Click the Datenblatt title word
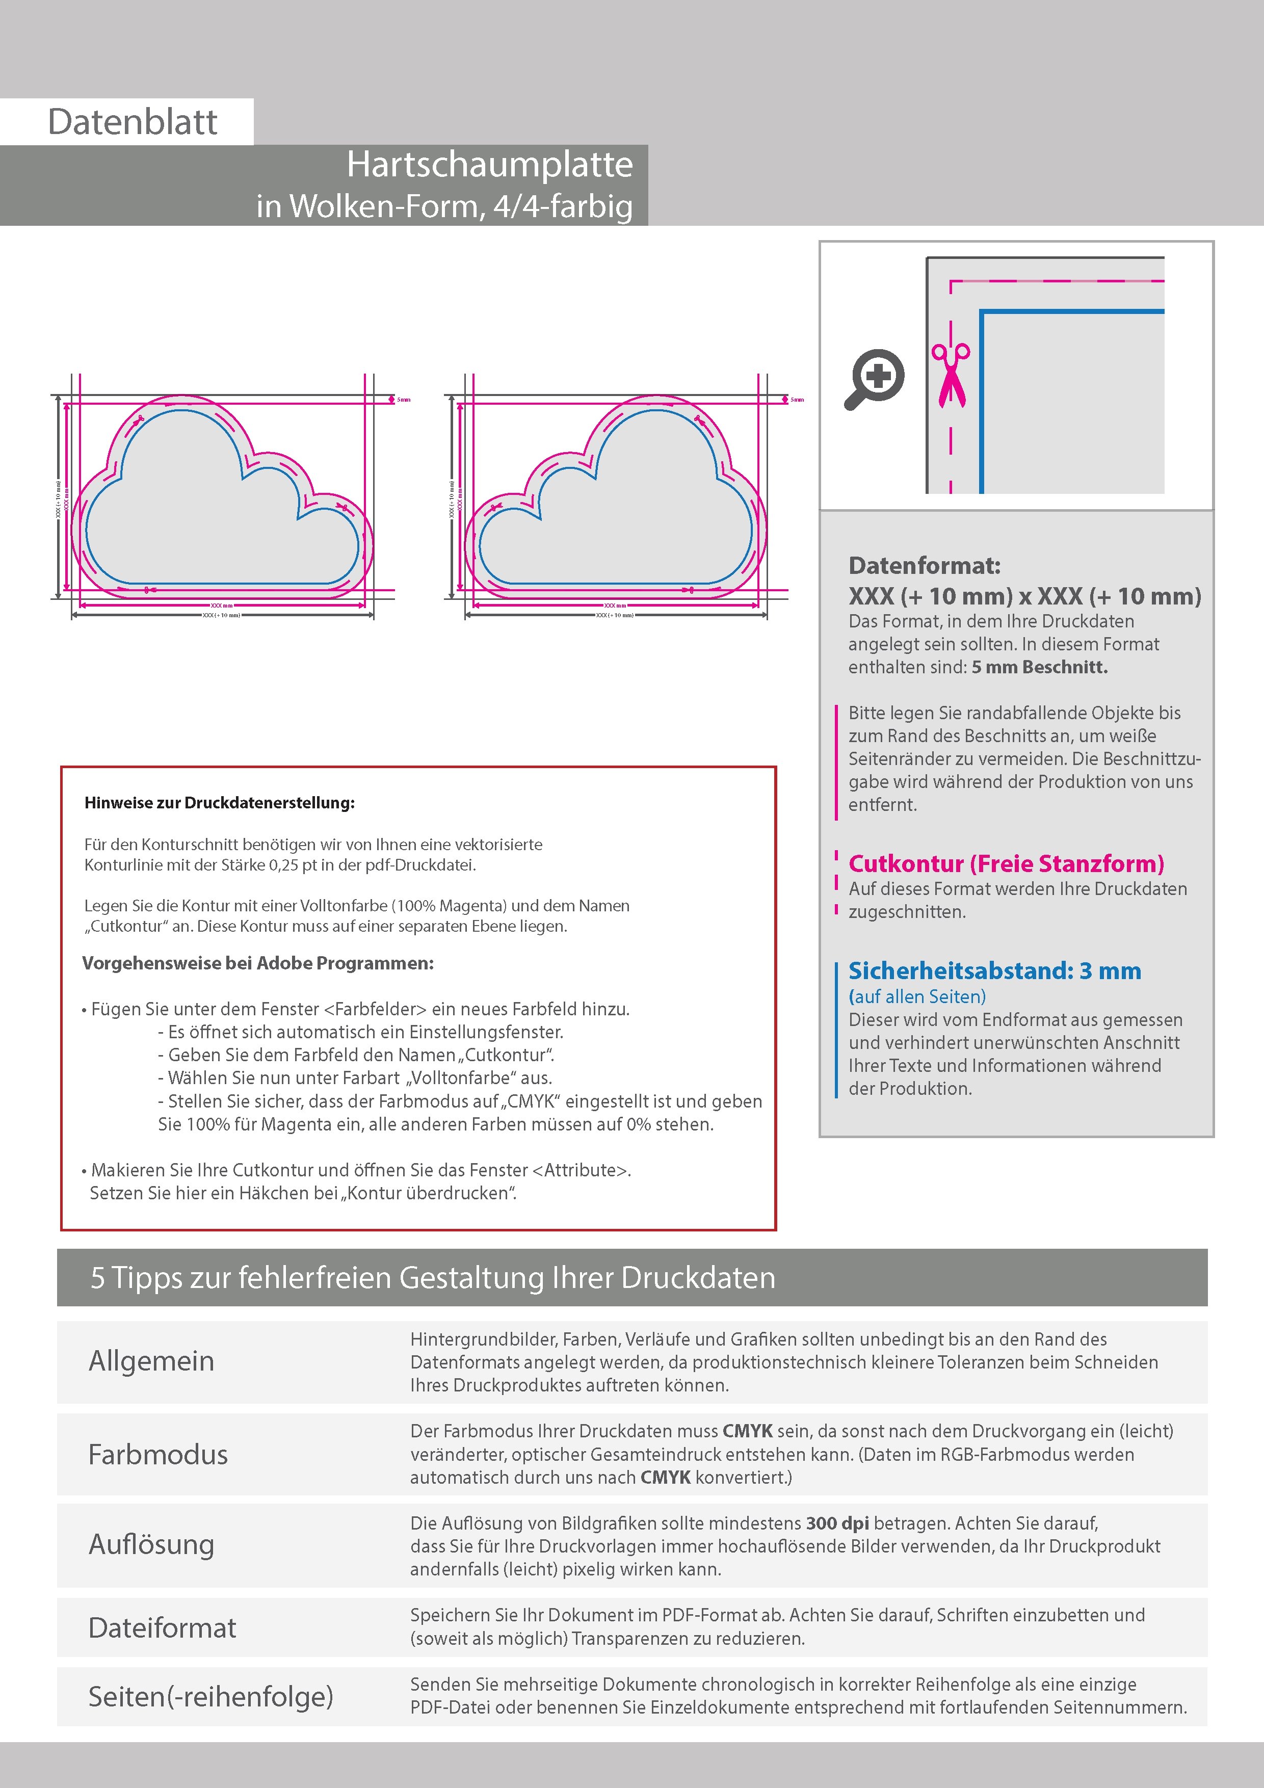pos(133,122)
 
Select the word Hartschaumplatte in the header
pos(489,164)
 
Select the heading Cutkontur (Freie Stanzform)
pos(1006,863)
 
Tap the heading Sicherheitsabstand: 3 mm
pos(994,971)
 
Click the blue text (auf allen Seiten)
pos(916,997)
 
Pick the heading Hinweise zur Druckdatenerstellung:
pos(220,803)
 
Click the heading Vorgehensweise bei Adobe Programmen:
pos(258,963)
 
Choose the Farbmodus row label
pos(158,1455)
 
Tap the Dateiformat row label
pos(162,1628)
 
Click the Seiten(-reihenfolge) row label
pos(210,1697)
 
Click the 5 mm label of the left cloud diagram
pos(404,400)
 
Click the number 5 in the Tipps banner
pos(97,1278)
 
